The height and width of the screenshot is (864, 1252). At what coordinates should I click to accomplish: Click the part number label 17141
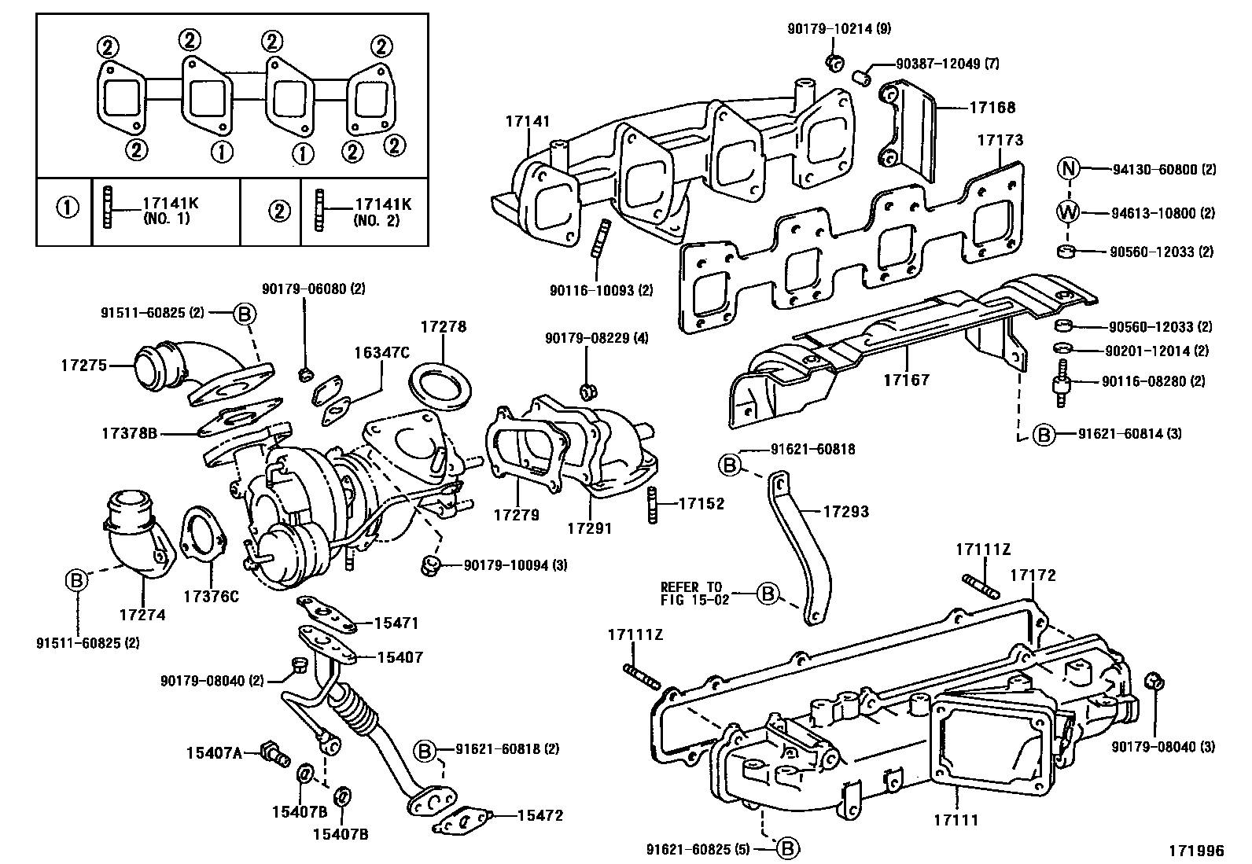pos(528,121)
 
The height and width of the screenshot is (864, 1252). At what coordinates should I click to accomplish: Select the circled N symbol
pos(1067,169)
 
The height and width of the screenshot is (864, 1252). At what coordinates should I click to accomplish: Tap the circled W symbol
pos(1067,212)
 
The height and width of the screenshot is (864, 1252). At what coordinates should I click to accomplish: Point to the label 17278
pos(443,326)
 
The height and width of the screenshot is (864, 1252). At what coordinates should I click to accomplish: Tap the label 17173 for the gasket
pos(1000,140)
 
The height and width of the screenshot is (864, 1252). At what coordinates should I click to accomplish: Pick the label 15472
pos(540,815)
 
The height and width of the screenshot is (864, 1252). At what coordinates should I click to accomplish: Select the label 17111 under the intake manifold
pos(956,820)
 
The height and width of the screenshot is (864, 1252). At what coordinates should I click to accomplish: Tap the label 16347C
pos(382,352)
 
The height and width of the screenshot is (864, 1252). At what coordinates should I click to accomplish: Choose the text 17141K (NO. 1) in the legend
pos(170,211)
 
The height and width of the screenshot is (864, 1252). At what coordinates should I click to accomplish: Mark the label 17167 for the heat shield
pos(906,380)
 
